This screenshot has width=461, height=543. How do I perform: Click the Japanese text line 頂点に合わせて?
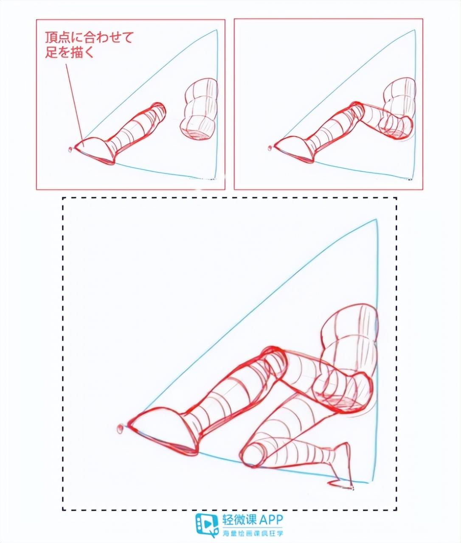point(89,38)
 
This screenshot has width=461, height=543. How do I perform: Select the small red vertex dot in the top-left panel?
point(70,149)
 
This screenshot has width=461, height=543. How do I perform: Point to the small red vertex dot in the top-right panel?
point(269,148)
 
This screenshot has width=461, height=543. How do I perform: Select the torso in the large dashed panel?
point(350,339)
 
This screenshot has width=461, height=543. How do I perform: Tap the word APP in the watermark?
point(269,519)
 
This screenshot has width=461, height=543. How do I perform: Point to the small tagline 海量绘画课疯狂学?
point(253,532)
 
